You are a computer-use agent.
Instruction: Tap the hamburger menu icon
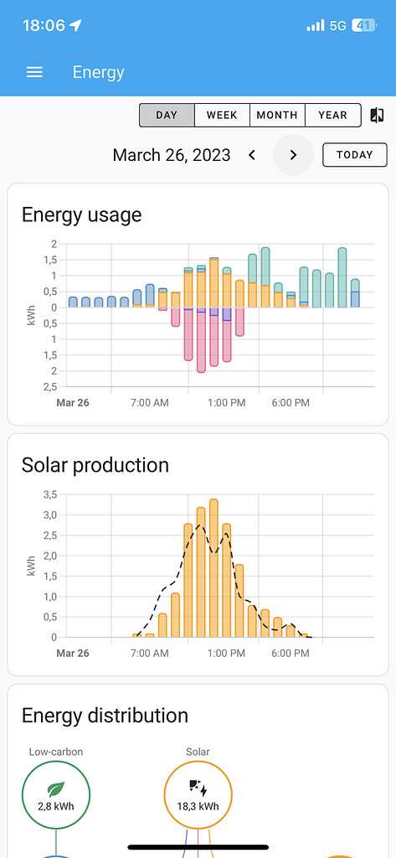[34, 72]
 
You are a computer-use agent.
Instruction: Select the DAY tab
[167, 115]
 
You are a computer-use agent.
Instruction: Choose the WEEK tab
[222, 115]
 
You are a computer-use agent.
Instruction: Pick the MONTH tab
[277, 115]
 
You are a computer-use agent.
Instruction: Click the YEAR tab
[332, 115]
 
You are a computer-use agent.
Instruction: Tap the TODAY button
[354, 155]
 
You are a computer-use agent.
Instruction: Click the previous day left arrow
[252, 155]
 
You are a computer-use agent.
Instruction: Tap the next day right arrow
[293, 155]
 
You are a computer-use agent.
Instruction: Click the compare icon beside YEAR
[377, 115]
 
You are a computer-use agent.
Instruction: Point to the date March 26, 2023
[172, 155]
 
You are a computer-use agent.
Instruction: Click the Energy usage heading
[81, 215]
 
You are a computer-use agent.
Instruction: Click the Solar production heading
[95, 465]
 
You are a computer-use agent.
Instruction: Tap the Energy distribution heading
[105, 716]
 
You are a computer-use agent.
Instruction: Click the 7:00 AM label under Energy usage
[150, 403]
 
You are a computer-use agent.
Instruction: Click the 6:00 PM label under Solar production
[291, 654]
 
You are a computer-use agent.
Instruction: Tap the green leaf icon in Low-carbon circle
[56, 788]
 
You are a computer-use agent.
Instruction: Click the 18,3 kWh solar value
[198, 807]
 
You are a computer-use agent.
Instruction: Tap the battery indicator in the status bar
[363, 25]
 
